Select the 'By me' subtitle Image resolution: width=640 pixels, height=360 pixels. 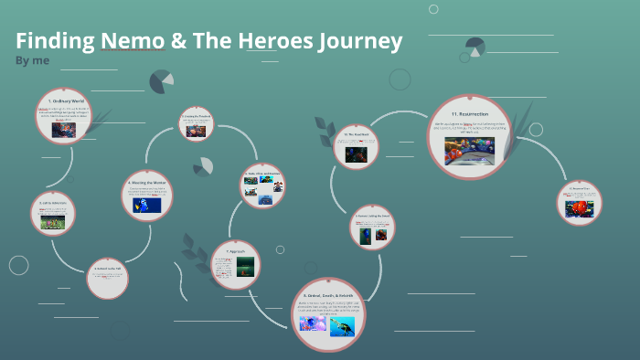click(x=32, y=60)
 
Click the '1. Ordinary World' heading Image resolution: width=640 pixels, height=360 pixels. click(x=64, y=99)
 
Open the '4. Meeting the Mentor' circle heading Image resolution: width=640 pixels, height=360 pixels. click(x=146, y=182)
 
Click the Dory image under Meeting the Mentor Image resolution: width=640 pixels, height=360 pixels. click(x=146, y=204)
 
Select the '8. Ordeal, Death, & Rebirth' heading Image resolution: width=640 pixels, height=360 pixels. click(x=329, y=296)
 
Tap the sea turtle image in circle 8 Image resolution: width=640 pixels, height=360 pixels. click(x=343, y=325)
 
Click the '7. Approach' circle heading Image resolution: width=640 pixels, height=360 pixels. click(x=234, y=249)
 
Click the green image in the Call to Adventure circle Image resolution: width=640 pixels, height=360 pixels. click(x=52, y=221)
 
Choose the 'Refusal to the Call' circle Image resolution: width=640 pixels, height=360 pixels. click(x=108, y=279)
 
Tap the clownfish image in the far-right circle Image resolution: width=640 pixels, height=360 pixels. click(x=581, y=206)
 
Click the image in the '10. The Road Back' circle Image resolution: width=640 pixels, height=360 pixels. click(x=356, y=154)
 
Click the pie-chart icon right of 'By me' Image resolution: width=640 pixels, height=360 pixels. click(x=161, y=81)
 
